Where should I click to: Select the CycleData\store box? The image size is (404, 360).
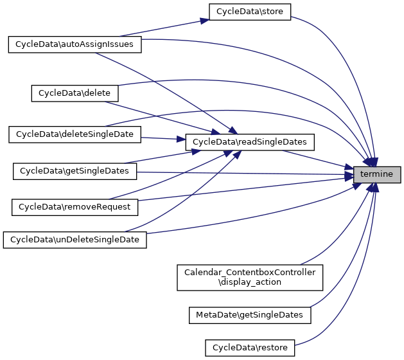(250, 12)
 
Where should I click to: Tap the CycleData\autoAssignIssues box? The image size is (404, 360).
(74, 44)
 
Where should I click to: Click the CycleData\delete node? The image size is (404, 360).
(75, 93)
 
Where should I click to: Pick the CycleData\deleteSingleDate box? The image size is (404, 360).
(74, 134)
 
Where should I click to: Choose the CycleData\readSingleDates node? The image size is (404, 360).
(249, 141)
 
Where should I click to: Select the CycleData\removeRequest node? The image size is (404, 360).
(75, 207)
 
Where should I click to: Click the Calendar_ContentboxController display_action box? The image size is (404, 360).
(250, 277)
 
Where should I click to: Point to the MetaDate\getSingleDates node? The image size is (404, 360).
(249, 315)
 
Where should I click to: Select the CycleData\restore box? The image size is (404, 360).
(249, 348)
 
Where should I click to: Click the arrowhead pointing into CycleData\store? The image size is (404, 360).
(204, 20)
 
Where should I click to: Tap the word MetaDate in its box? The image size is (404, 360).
(213, 315)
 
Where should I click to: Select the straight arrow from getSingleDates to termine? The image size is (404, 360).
(244, 173)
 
